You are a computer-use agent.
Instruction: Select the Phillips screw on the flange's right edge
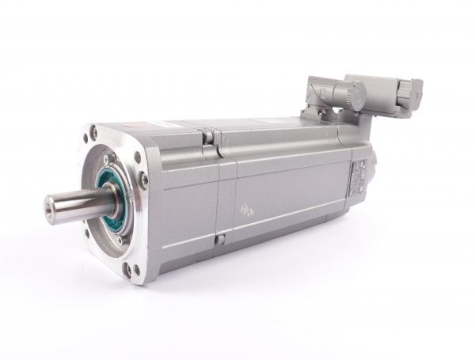pyautogui.click(x=143, y=181)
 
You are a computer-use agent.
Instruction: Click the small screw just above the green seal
pyautogui.click(x=111, y=169)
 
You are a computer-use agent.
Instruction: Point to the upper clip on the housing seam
pyautogui.click(x=208, y=136)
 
